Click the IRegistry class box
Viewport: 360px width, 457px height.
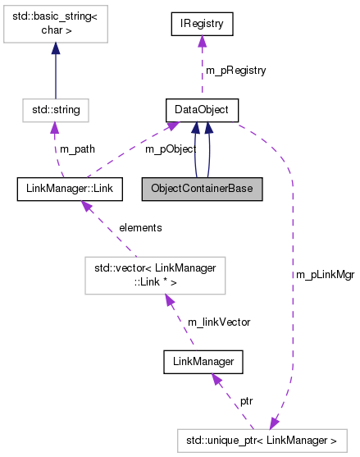point(202,24)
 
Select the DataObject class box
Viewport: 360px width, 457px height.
point(202,108)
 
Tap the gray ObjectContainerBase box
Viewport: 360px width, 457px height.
point(202,190)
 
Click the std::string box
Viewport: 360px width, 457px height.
point(55,108)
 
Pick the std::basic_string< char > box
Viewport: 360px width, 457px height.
point(55,24)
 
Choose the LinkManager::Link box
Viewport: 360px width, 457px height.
point(70,190)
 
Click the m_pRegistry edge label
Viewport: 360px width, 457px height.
point(235,71)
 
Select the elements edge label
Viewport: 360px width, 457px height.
point(140,227)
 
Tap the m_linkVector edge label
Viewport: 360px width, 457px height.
point(219,322)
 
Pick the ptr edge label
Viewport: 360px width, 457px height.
point(245,401)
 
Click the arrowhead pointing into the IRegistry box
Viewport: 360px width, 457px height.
point(202,43)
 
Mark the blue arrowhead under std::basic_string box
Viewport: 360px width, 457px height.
point(55,50)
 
